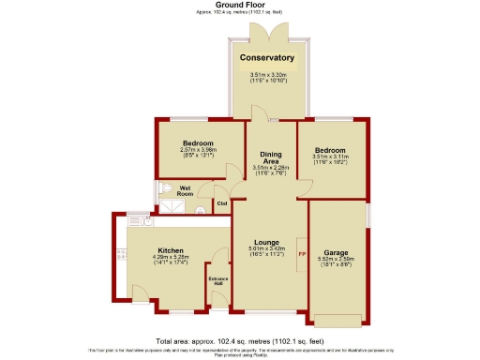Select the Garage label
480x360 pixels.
336,253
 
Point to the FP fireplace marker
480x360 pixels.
301,254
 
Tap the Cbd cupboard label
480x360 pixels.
222,203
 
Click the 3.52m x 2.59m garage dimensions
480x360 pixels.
336,262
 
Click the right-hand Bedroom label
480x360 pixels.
330,151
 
